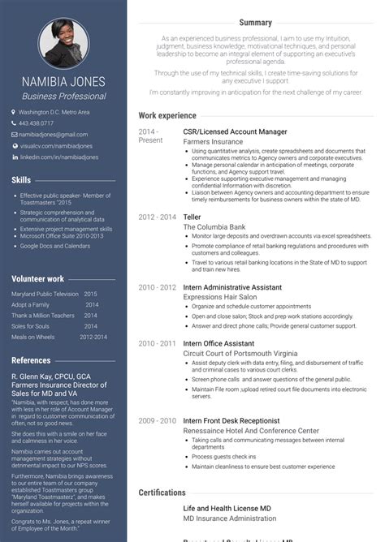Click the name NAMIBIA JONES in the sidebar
click(64, 82)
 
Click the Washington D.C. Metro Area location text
click(54, 112)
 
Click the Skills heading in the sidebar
click(22, 179)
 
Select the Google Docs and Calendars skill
click(55, 245)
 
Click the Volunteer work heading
click(39, 278)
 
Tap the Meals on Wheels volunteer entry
click(33, 337)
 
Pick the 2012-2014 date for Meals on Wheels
click(93, 337)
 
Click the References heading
click(31, 360)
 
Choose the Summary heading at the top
click(255, 23)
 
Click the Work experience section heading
click(167, 116)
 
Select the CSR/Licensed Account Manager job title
click(235, 131)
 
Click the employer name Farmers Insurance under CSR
click(213, 141)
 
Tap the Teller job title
click(192, 217)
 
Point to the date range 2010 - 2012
click(157, 287)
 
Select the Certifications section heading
click(162, 493)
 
